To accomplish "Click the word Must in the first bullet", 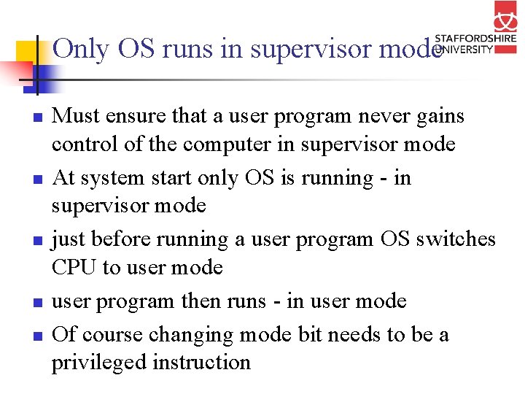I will [75, 116].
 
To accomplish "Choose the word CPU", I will [74, 268].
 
